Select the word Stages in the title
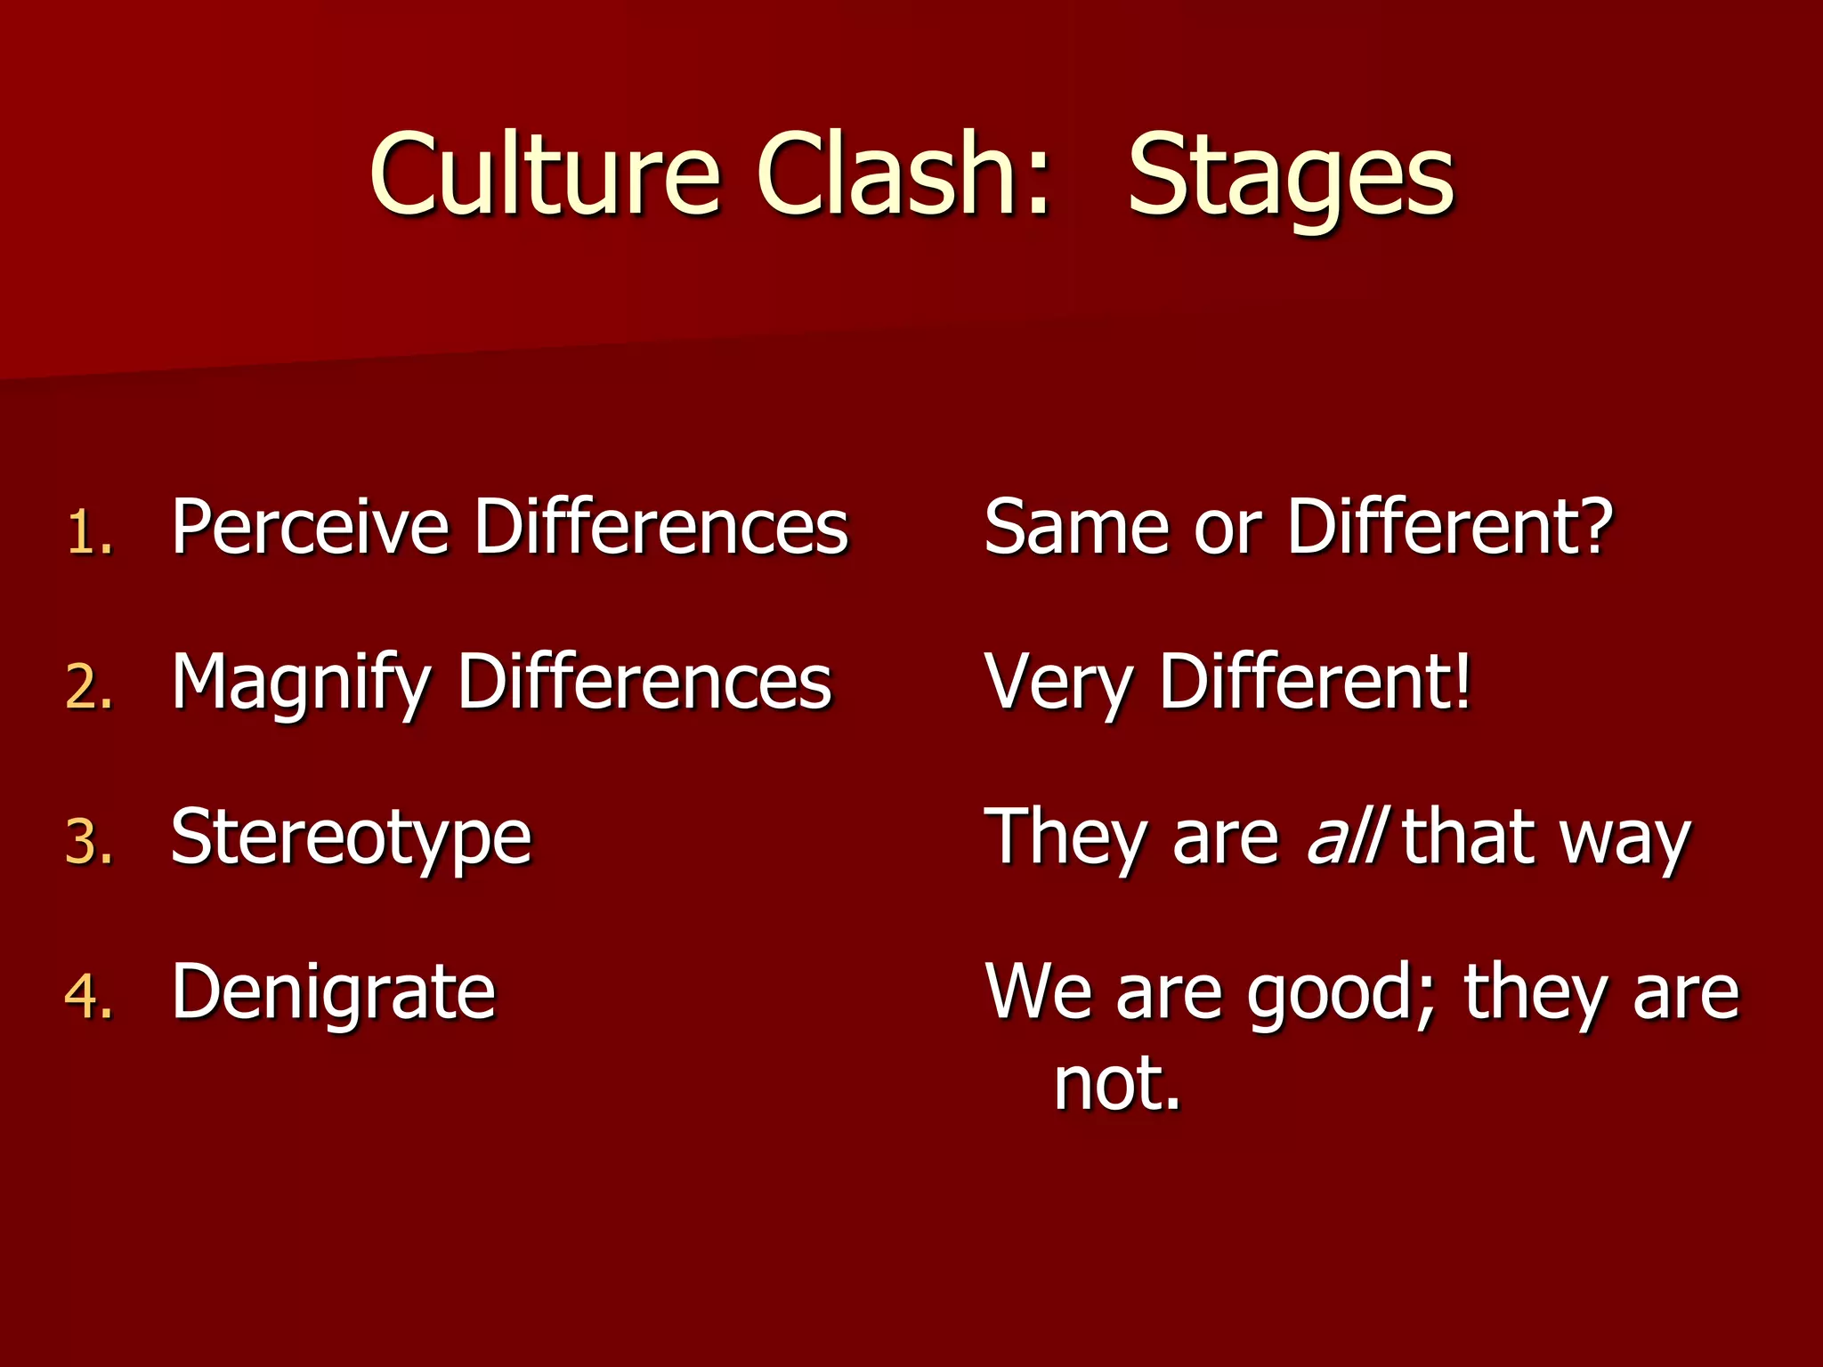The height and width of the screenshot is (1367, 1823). [x=1291, y=178]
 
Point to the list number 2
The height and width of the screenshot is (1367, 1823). [x=89, y=688]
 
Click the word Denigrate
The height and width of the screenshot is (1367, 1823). [x=333, y=991]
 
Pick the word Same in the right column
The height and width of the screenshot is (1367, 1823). [x=1075, y=527]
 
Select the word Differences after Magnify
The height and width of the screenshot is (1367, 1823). [x=644, y=682]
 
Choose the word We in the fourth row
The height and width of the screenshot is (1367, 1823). [x=1038, y=991]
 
